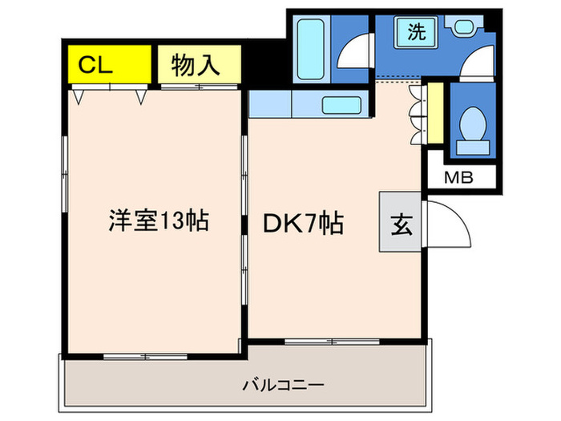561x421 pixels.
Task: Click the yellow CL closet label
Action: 95,64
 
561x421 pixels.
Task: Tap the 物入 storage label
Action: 196,64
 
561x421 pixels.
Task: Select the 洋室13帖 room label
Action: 159,221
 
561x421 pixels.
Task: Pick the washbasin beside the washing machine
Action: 466,29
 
